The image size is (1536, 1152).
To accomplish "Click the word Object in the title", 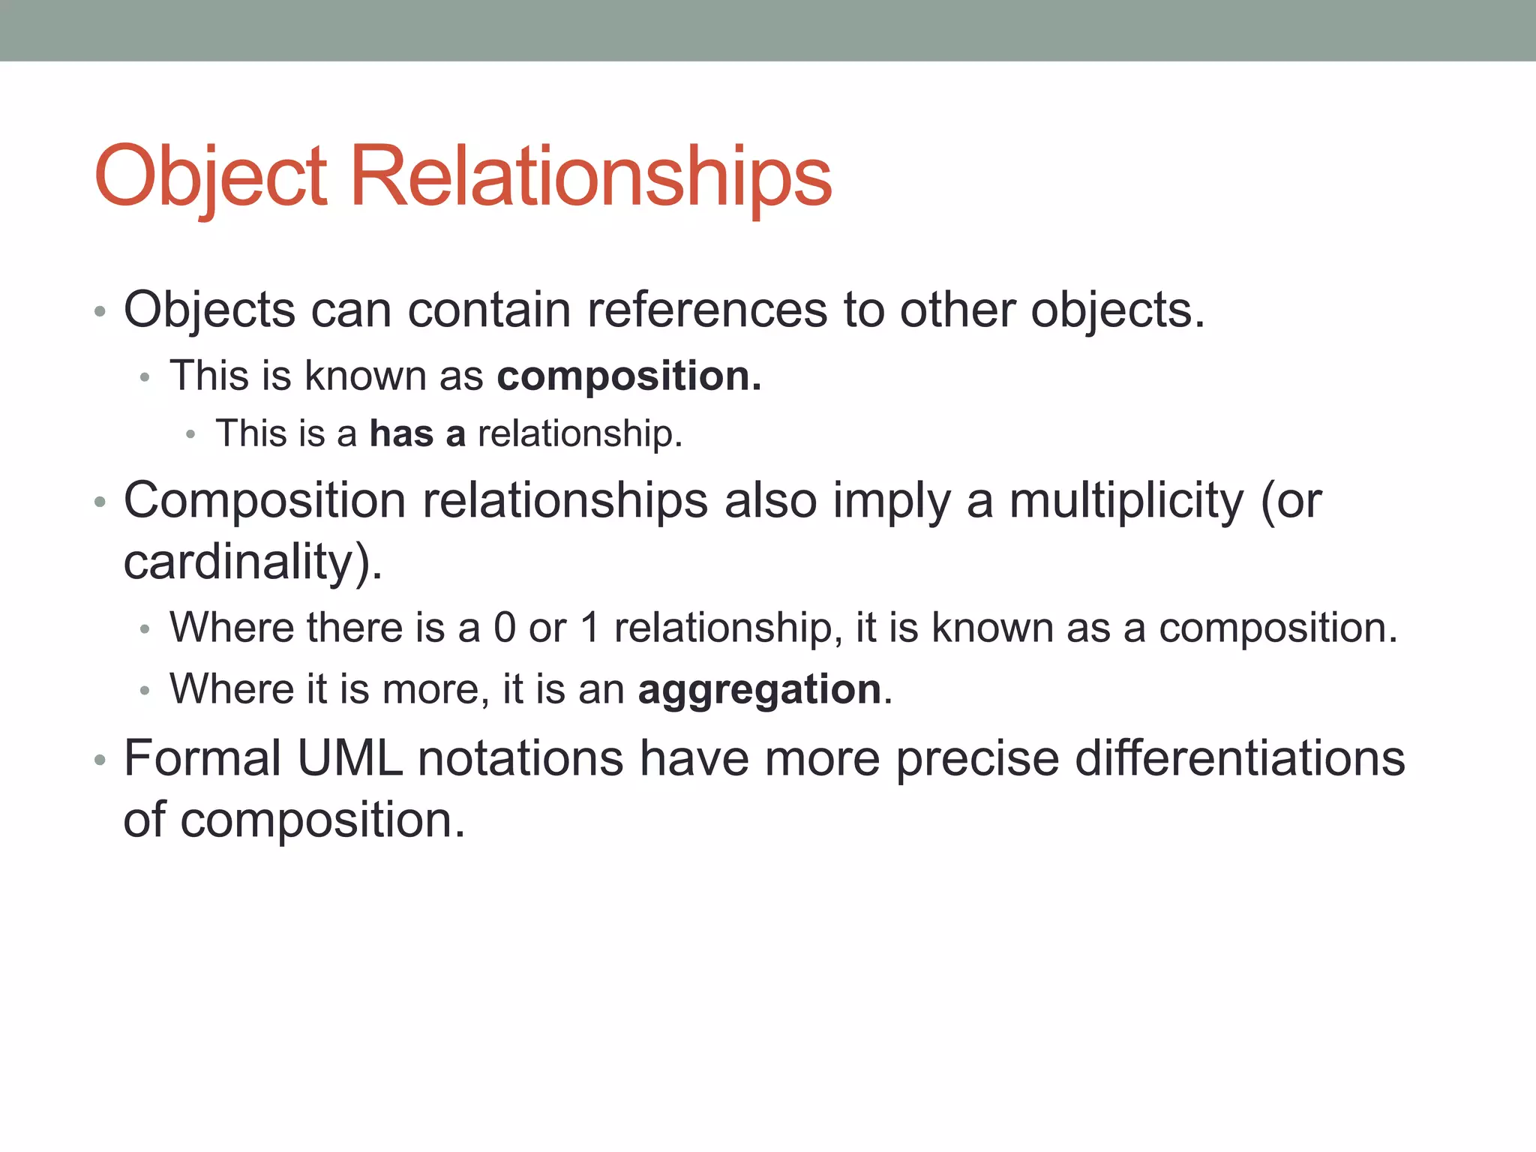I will (211, 177).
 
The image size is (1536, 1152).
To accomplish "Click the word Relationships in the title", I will (591, 177).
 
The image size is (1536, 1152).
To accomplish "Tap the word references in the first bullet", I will (706, 310).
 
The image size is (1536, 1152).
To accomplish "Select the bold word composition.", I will (628, 376).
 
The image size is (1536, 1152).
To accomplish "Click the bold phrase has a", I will (418, 433).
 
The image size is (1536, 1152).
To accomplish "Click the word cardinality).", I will (253, 562).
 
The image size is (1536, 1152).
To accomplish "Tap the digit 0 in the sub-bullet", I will (505, 628).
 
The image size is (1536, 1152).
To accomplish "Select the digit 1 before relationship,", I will (590, 628).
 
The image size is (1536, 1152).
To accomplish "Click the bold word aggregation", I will (759, 689).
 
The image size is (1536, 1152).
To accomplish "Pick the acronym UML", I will (349, 758).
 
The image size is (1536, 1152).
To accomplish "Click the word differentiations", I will (1240, 758).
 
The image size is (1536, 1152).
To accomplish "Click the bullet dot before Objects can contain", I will (100, 311).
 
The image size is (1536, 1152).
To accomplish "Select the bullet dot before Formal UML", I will (100, 760).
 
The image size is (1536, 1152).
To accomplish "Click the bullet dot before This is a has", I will (191, 435).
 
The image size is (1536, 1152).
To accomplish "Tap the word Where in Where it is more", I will (231, 689).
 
